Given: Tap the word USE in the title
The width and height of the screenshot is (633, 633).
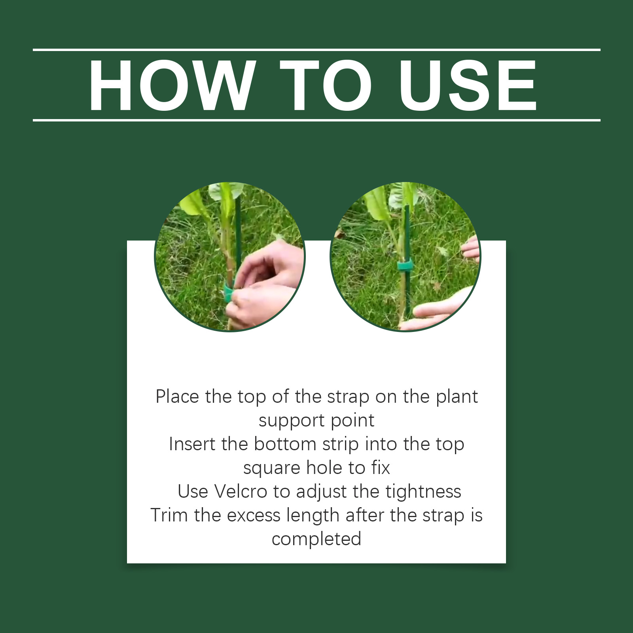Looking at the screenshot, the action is click(x=468, y=85).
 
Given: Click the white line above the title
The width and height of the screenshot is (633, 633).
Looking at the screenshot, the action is click(x=316, y=50).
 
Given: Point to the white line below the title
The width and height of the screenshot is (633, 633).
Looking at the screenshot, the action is click(x=316, y=120).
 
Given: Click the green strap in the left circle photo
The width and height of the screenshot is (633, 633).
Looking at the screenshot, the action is click(x=228, y=293).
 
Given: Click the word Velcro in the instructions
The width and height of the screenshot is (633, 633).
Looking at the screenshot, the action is click(x=241, y=491).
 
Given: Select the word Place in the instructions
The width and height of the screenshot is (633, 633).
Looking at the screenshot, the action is click(x=177, y=396).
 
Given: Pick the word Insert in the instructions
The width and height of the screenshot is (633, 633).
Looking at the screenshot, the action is click(x=192, y=444).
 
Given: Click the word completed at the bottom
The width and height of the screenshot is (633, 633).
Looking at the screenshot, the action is click(x=316, y=539).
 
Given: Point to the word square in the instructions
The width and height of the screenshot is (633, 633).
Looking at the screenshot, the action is click(x=271, y=468).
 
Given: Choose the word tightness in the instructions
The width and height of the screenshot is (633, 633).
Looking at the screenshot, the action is click(x=423, y=492).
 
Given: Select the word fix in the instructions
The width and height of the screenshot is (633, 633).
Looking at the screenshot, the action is click(x=381, y=468).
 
